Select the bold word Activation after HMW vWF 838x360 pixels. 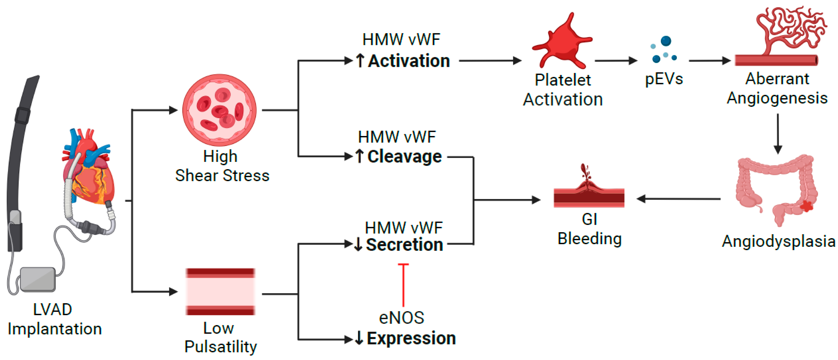click(x=409, y=61)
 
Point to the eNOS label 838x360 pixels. click(x=401, y=318)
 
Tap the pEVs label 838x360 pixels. click(x=664, y=79)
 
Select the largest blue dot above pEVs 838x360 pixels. click(x=666, y=41)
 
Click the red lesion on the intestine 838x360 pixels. click(x=806, y=206)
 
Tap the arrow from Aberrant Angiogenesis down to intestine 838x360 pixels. click(x=778, y=133)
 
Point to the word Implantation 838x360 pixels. click(x=55, y=329)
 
